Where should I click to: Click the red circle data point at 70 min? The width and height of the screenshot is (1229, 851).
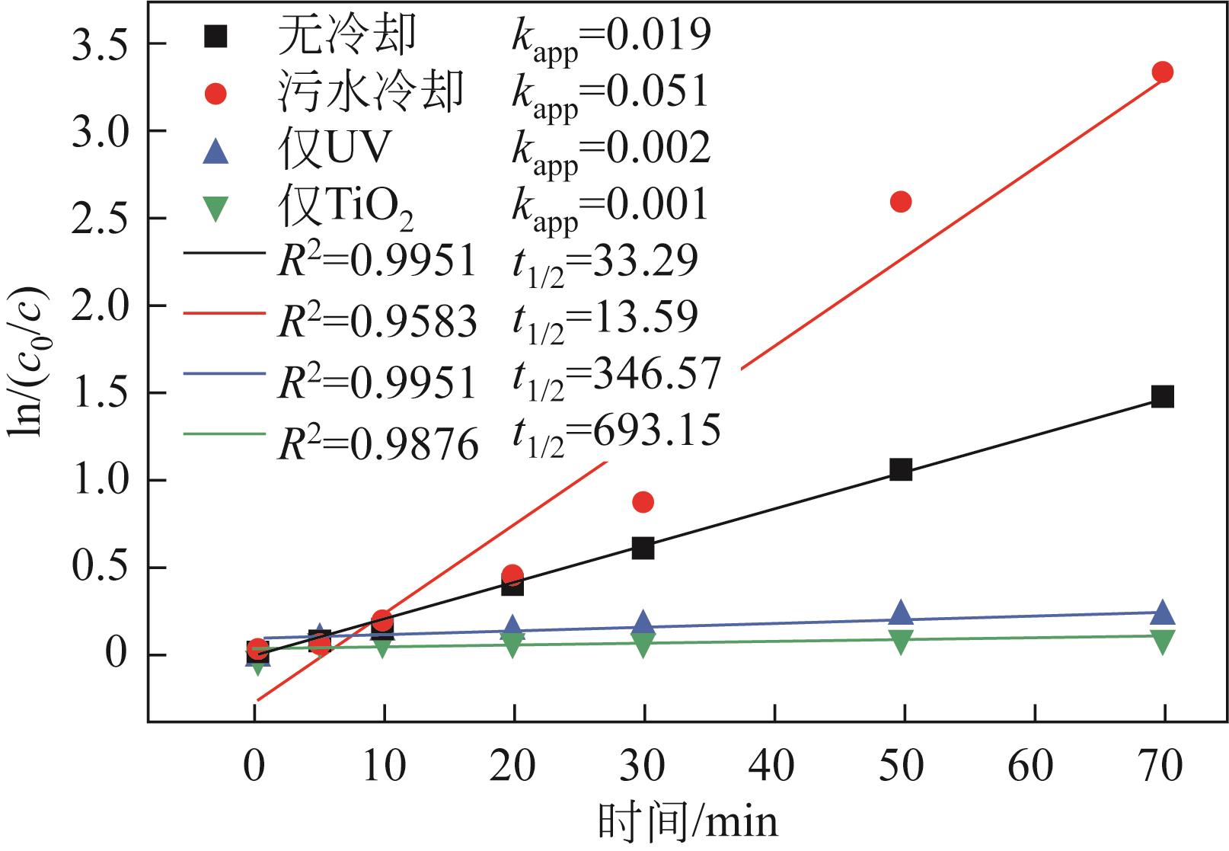[1162, 72]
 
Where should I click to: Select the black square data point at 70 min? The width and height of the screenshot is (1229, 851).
[1162, 396]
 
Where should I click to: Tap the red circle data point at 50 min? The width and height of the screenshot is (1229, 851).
[901, 202]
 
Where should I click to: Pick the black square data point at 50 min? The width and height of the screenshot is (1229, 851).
[901, 470]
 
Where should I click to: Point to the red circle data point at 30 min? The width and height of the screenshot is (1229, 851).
[643, 501]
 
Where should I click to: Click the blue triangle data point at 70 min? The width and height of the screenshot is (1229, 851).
[1163, 613]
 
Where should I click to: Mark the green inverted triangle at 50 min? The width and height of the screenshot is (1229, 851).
[901, 642]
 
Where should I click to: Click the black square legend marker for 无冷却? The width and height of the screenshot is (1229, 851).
[217, 35]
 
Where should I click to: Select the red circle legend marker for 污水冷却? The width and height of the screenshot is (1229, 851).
[217, 93]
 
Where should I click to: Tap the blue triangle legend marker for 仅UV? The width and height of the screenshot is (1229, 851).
[217, 151]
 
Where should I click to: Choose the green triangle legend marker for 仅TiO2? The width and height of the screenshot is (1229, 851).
[217, 208]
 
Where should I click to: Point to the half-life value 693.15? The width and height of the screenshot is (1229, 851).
[656, 431]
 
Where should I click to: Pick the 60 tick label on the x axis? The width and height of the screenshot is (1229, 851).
[1031, 766]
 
